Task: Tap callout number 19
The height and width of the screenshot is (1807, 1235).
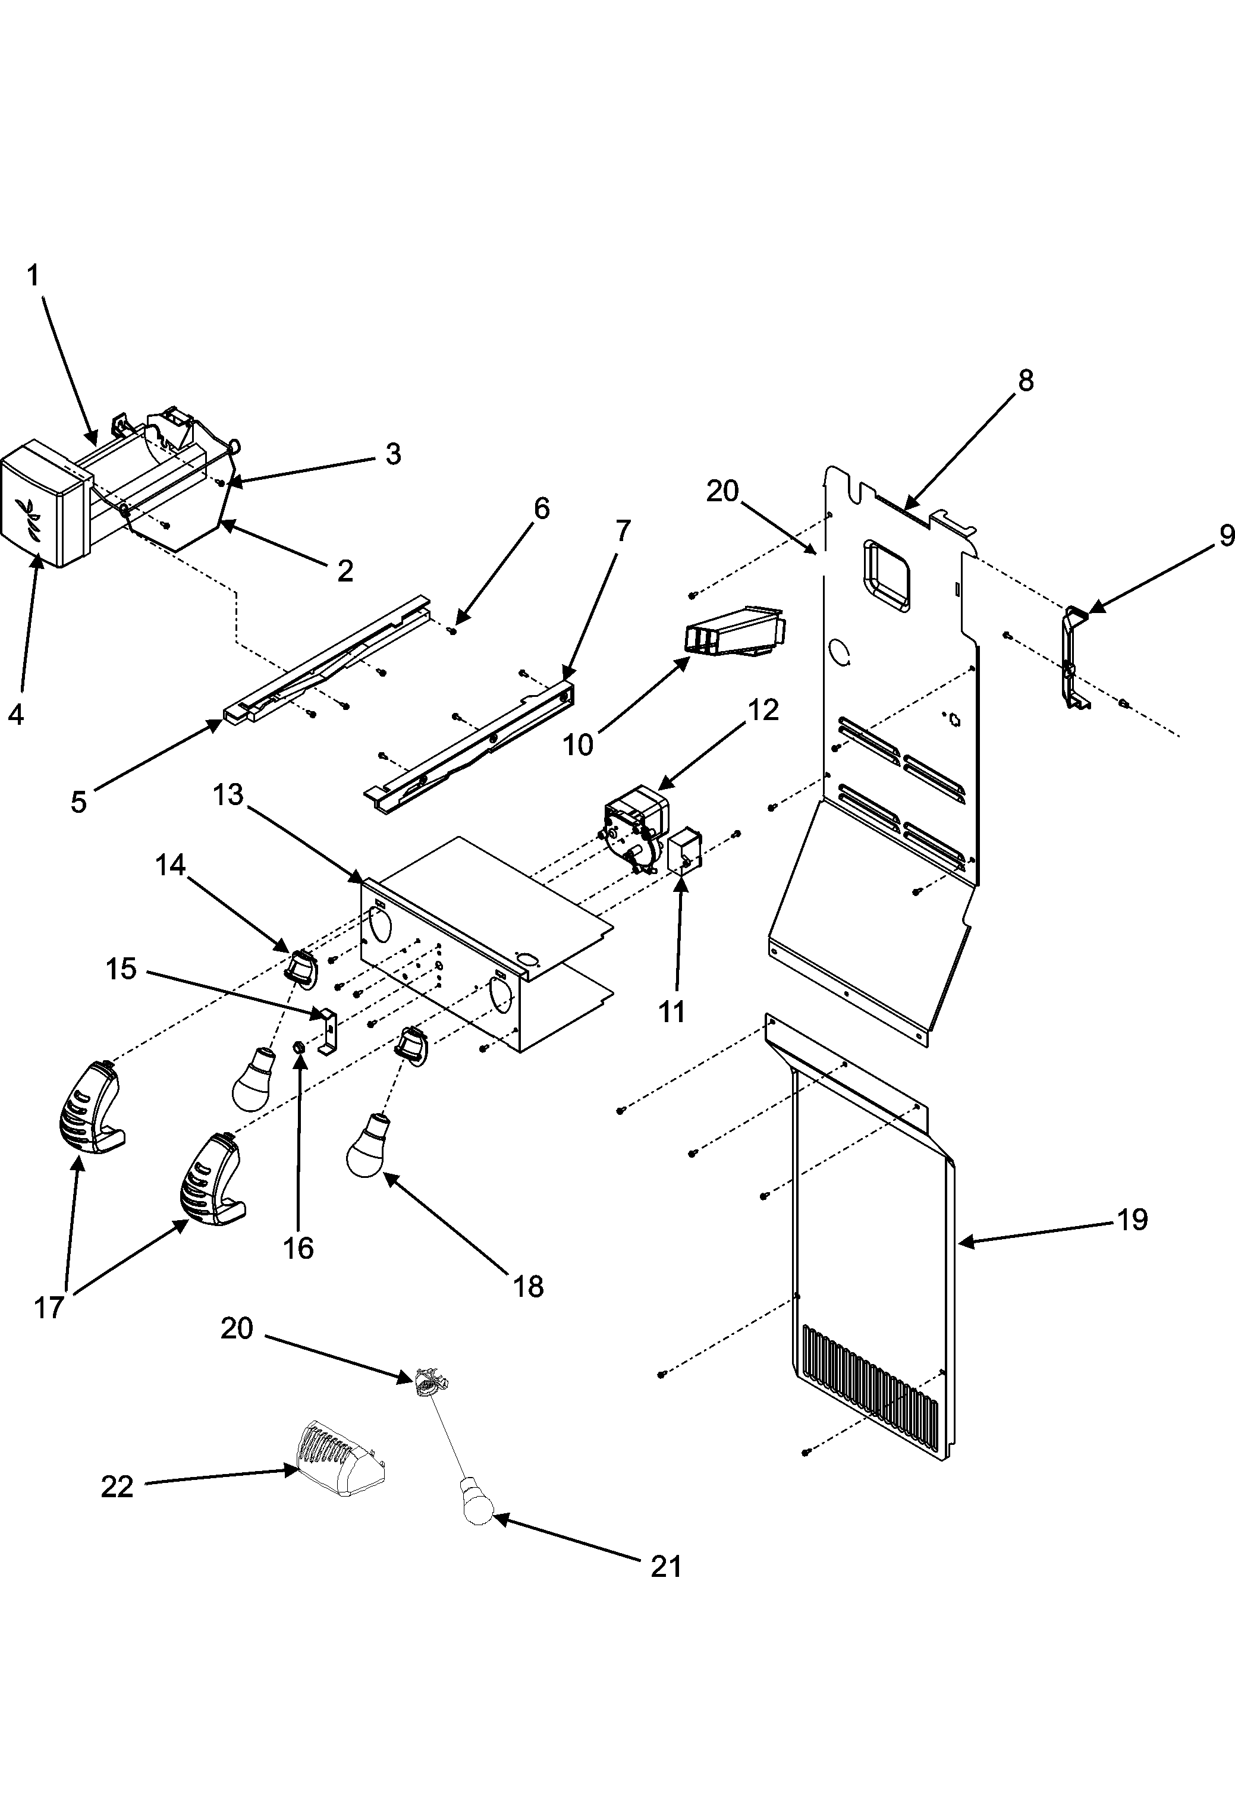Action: coord(1132,1219)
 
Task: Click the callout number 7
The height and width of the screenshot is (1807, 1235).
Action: coord(622,531)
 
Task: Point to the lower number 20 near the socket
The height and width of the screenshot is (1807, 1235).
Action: coord(237,1328)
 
